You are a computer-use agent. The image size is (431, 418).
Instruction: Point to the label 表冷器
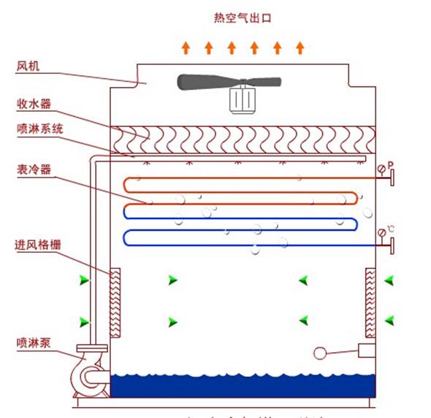coord(32,170)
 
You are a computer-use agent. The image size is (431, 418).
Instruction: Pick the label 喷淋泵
coord(32,341)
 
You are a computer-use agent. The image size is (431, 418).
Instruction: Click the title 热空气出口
coord(243,18)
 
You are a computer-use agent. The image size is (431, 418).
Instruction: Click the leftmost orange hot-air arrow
coord(186,48)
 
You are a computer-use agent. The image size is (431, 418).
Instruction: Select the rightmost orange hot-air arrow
coord(300,48)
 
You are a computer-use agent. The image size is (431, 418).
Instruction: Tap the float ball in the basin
coord(319,353)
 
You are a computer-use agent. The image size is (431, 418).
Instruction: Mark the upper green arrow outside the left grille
coord(85,280)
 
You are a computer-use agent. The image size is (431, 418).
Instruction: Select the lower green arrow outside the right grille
coord(389,319)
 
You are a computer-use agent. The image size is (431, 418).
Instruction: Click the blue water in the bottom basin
coord(241,385)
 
